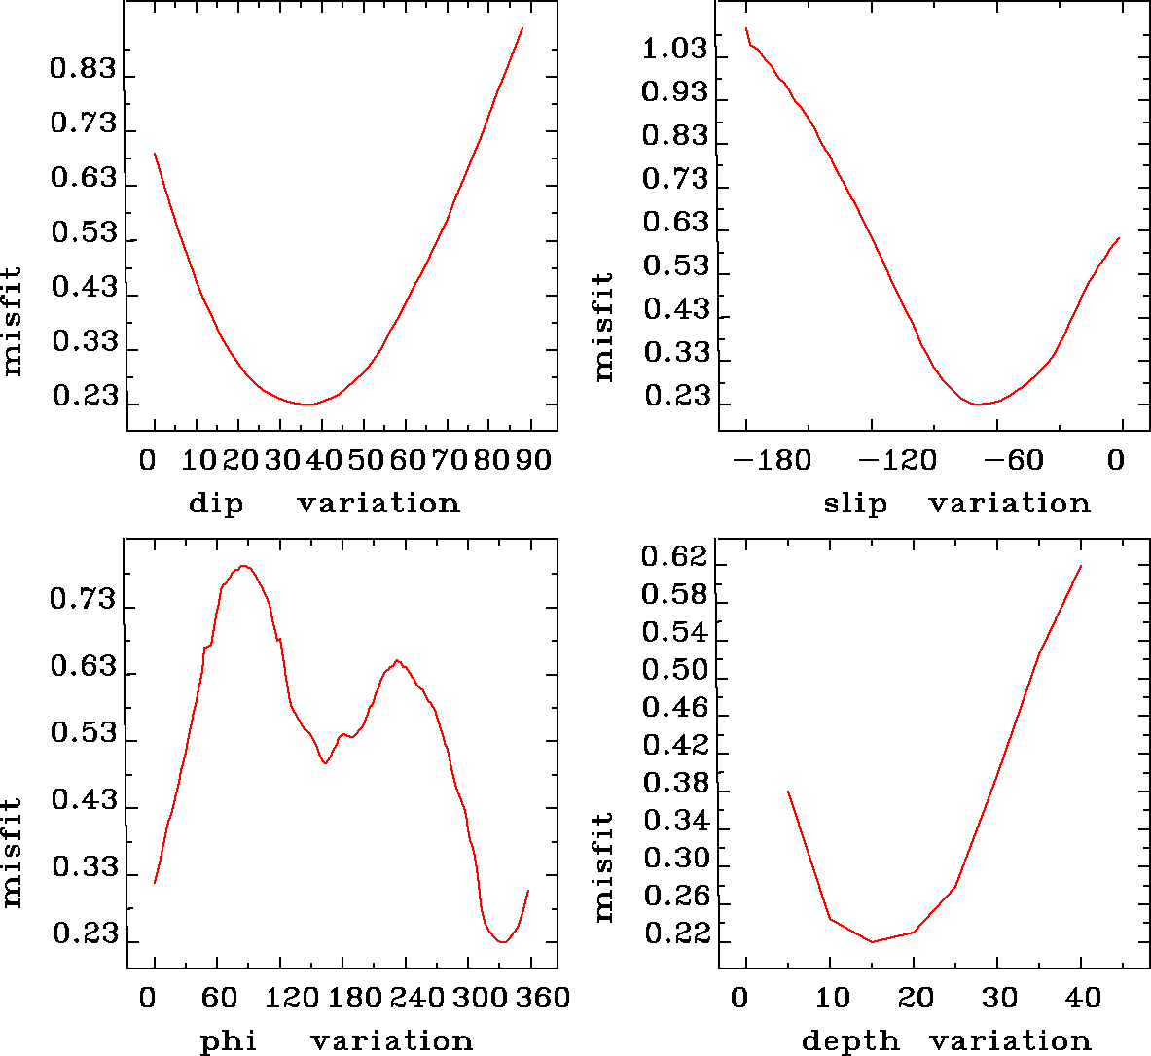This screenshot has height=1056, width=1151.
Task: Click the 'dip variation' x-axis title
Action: point(323,504)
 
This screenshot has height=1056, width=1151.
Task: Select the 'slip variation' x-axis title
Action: point(956,504)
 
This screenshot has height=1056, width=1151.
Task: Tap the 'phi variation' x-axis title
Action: point(336,1041)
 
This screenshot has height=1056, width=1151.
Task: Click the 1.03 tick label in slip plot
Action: point(674,49)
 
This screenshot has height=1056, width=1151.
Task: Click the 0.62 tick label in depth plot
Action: point(674,557)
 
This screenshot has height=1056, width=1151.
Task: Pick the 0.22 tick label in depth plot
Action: point(674,934)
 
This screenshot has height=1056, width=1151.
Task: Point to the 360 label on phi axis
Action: point(543,998)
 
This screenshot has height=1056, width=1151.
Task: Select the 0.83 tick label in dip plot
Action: point(83,70)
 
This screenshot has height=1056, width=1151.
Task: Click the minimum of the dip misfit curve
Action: point(307,404)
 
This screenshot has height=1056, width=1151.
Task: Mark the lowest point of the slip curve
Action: point(978,404)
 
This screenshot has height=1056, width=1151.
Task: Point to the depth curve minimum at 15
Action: point(872,941)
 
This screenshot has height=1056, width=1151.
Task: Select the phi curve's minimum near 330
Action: point(503,941)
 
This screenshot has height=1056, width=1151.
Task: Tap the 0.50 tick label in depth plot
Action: point(674,671)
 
